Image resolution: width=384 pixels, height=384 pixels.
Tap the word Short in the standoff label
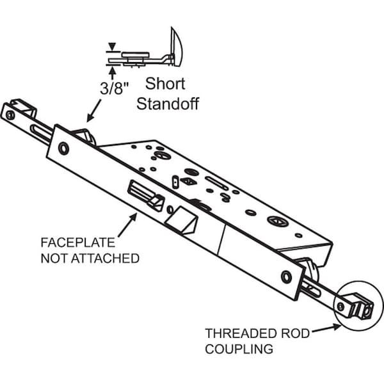pyautogui.click(x=165, y=84)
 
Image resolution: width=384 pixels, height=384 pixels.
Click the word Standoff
pyautogui.click(x=167, y=103)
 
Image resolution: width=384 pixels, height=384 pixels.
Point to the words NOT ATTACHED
pyautogui.click(x=90, y=258)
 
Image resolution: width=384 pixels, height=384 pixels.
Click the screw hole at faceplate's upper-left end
pyautogui.click(x=62, y=148)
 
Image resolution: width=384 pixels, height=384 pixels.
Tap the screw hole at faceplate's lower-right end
pyautogui.click(x=286, y=276)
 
